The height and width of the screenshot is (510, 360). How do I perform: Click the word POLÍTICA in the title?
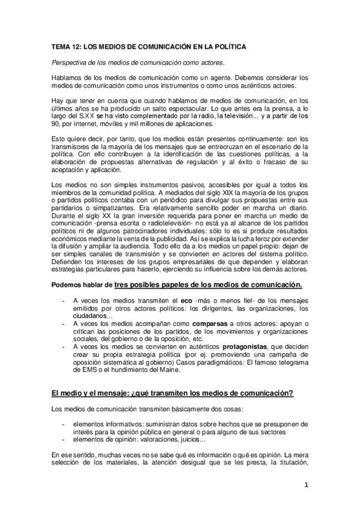point(227,46)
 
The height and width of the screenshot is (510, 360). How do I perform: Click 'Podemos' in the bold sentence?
point(66,284)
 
